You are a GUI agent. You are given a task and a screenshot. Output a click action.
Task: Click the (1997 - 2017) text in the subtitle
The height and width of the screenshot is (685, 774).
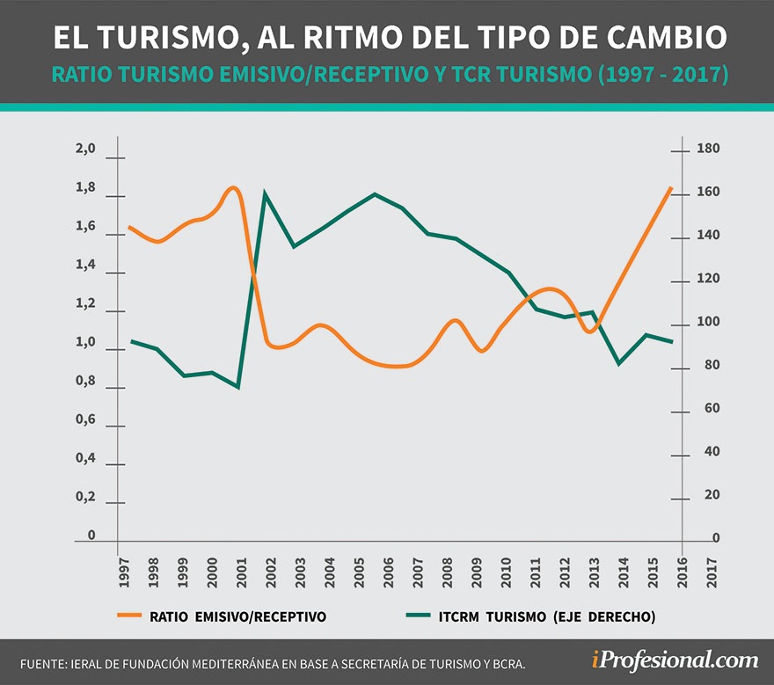click(663, 76)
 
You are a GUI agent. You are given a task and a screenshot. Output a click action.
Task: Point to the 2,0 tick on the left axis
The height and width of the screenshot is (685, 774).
click(84, 149)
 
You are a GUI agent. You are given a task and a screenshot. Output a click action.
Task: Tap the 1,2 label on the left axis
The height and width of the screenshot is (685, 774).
click(84, 303)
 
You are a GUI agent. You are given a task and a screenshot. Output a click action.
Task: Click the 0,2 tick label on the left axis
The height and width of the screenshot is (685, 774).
click(84, 497)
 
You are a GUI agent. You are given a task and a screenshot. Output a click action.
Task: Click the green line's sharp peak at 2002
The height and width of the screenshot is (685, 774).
click(265, 193)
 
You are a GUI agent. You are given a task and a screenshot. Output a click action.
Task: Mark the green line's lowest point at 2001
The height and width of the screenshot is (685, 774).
click(238, 387)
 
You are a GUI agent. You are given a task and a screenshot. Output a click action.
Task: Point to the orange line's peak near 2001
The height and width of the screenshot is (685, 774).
click(233, 187)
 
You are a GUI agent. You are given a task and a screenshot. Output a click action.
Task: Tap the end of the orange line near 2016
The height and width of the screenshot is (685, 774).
click(672, 187)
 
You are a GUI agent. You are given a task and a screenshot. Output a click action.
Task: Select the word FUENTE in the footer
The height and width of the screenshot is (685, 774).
click(42, 662)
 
